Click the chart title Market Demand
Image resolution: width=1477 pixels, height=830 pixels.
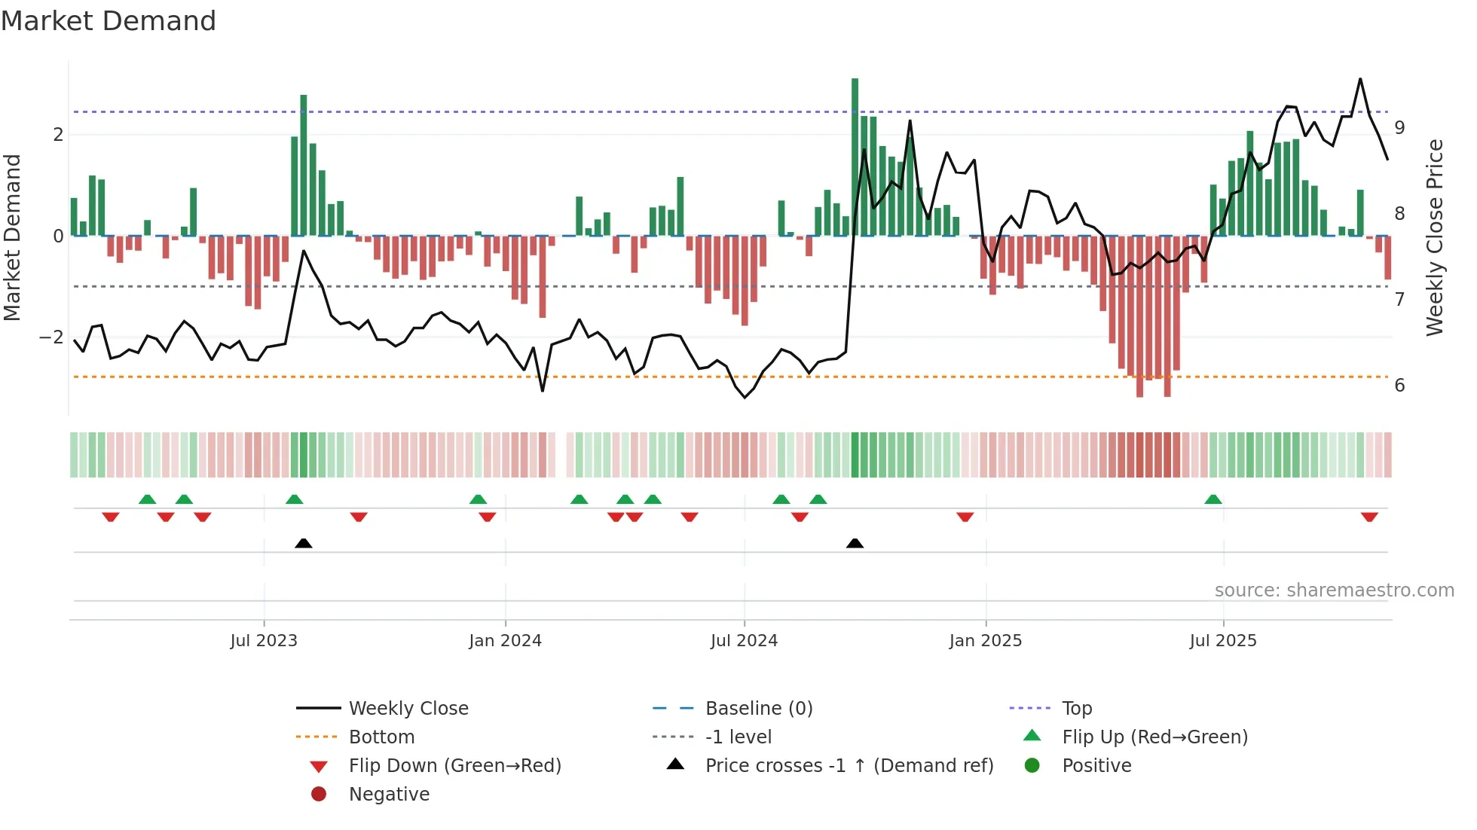(109, 21)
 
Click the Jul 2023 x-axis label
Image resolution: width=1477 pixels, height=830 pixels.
(264, 641)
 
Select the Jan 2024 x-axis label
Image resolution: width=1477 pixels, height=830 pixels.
(505, 641)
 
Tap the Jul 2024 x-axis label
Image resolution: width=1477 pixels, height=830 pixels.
(744, 641)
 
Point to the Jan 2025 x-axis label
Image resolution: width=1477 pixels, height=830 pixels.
(985, 641)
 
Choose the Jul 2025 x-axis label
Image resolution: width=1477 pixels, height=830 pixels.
(1223, 641)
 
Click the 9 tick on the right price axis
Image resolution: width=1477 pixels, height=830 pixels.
(1399, 128)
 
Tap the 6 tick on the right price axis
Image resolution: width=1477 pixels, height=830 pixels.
(1399, 386)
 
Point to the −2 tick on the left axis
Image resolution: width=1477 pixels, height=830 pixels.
(51, 337)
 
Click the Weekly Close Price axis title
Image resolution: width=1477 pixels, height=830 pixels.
(1435, 237)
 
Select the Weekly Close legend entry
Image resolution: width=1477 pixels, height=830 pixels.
(408, 709)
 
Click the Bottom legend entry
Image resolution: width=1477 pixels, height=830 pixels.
(381, 737)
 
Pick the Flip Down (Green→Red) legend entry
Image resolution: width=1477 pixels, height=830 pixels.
(454, 766)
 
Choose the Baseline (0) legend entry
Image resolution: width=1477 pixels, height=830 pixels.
(758, 709)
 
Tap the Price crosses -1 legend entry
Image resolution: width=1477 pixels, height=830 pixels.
(849, 766)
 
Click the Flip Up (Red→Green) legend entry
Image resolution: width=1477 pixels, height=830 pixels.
(1154, 737)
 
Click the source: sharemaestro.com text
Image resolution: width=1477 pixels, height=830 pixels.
(1334, 590)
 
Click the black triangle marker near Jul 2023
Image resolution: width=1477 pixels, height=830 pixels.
(304, 543)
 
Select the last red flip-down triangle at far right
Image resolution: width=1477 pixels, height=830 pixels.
(1369, 517)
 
